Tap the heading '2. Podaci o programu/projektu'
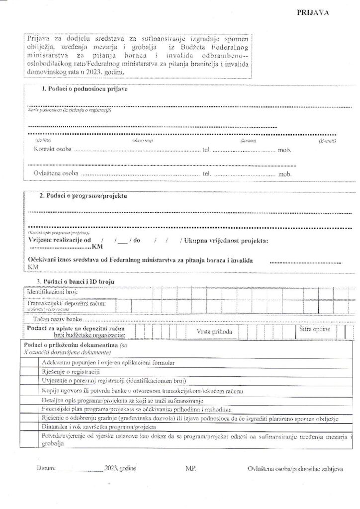[x=83, y=196]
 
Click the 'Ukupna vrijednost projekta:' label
[x=226, y=241]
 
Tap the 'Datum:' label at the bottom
[x=45, y=469]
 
